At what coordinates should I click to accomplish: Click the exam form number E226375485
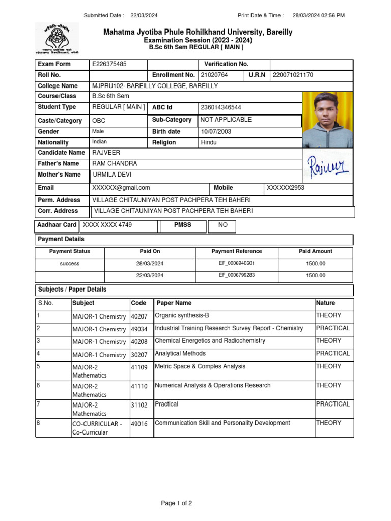click(x=109, y=64)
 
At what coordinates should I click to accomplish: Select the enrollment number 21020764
click(x=214, y=75)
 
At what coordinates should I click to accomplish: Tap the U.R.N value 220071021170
click(x=293, y=75)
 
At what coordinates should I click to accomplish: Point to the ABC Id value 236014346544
click(x=221, y=108)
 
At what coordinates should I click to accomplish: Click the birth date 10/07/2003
click(x=216, y=132)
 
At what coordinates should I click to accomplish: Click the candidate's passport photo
click(x=327, y=120)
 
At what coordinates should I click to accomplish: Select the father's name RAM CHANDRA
click(x=115, y=164)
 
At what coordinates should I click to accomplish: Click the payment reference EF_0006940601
click(x=237, y=264)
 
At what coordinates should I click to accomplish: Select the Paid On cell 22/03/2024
click(x=150, y=276)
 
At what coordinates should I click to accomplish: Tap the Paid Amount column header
click(x=315, y=251)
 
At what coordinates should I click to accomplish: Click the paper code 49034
click(x=139, y=329)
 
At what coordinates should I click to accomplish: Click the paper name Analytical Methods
click(x=180, y=354)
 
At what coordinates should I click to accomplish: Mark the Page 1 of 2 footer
click(x=177, y=504)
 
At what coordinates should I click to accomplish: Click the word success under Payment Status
click(x=70, y=264)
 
